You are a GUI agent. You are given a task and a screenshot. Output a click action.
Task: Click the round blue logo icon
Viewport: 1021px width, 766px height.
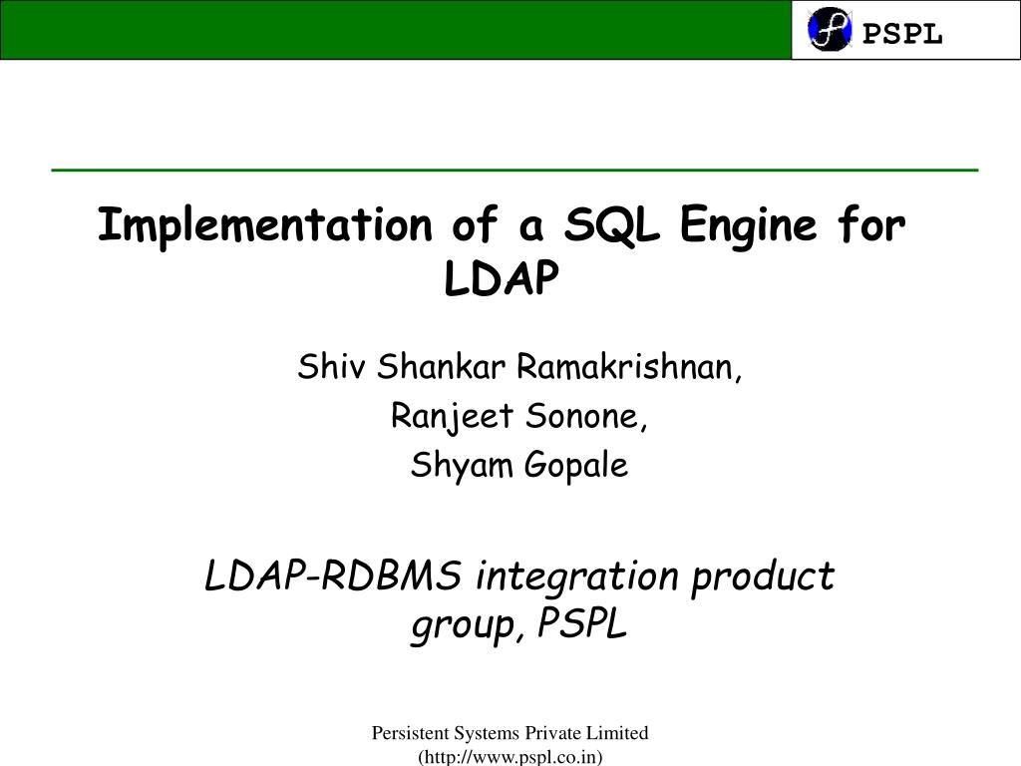pyautogui.click(x=830, y=30)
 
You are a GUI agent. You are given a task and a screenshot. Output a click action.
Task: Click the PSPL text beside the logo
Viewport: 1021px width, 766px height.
pyautogui.click(x=902, y=34)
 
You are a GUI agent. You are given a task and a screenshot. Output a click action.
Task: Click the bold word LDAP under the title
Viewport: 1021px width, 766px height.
pyautogui.click(x=502, y=280)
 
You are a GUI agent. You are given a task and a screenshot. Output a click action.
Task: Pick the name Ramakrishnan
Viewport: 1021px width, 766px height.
pyautogui.click(x=630, y=368)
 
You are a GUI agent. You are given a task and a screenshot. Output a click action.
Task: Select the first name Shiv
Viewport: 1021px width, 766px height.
pyautogui.click(x=320, y=368)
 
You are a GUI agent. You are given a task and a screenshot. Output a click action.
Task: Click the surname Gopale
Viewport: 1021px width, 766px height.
pyautogui.click(x=579, y=465)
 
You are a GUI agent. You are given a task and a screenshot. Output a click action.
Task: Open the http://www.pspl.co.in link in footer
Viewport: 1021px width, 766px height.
pyautogui.click(x=510, y=757)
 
